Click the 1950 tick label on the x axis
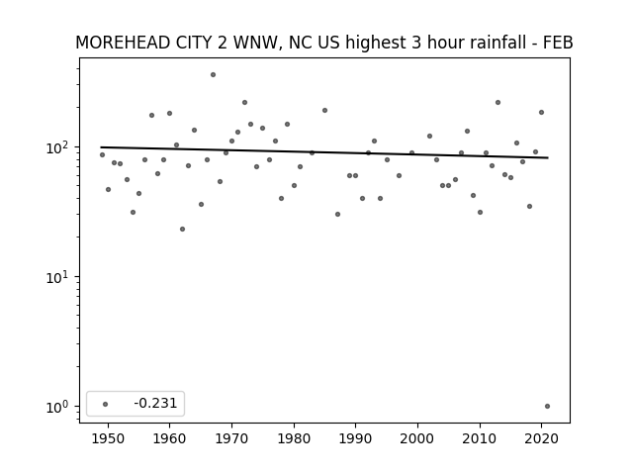[108, 438]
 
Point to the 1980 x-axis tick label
[294, 438]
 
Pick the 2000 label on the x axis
[417, 438]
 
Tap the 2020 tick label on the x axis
[541, 438]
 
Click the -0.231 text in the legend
[155, 403]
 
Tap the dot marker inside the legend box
[106, 404]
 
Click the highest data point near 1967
[214, 75]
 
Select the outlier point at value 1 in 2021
[547, 407]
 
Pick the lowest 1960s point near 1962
[182, 229]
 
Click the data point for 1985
[325, 110]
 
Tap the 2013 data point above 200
[498, 103]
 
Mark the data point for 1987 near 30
[338, 214]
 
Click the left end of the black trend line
[101, 147]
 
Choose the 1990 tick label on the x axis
[356, 438]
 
